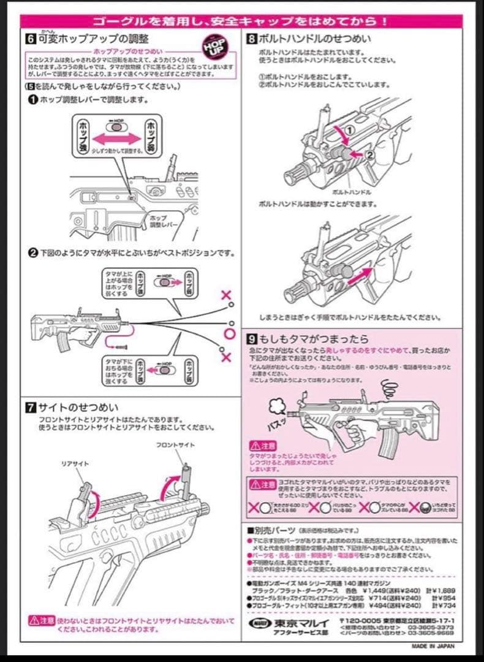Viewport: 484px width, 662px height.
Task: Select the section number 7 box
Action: [x=31, y=406]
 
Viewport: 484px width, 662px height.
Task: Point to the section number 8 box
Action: [x=252, y=39]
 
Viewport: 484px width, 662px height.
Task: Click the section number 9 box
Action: [x=252, y=338]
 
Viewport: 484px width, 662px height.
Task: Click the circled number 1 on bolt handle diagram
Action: [x=347, y=131]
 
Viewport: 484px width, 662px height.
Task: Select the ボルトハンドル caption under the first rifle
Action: [x=352, y=191]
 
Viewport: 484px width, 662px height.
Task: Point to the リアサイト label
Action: [x=75, y=464]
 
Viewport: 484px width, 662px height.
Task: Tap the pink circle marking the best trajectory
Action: [x=229, y=333]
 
